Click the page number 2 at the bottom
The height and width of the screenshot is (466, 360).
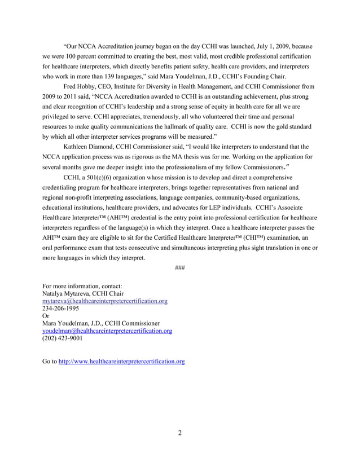point(179,433)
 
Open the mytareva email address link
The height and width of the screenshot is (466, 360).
point(105,301)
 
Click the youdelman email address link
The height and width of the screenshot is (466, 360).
point(107,331)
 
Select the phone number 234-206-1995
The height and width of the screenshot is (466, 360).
point(60,309)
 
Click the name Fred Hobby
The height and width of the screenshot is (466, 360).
point(78,86)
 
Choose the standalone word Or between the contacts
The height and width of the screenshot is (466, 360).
point(46,316)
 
